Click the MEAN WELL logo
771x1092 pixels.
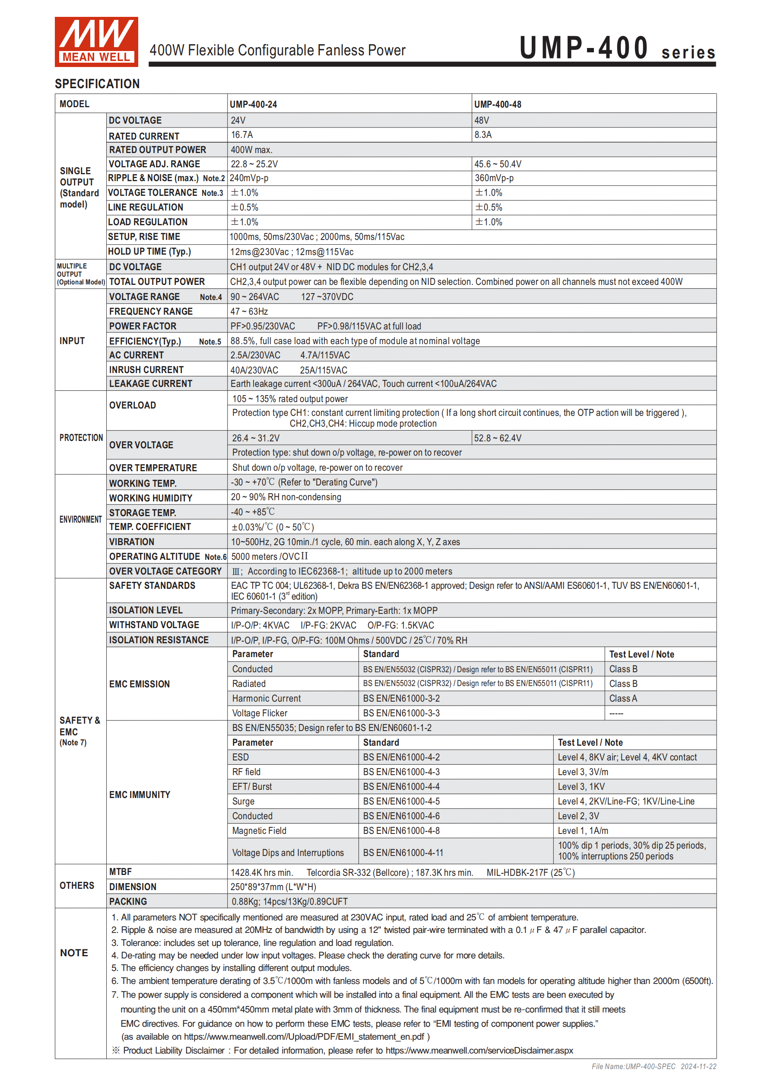(x=96, y=42)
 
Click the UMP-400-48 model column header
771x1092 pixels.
(x=497, y=104)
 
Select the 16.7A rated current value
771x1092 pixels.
(x=241, y=135)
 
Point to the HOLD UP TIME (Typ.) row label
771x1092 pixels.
(x=149, y=252)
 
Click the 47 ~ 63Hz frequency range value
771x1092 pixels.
(x=249, y=312)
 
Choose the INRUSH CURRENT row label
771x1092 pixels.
(x=146, y=370)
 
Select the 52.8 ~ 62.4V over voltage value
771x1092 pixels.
(x=497, y=438)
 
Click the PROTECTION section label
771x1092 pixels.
(x=81, y=437)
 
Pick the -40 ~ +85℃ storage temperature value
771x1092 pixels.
(x=252, y=512)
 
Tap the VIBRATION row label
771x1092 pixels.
(x=132, y=542)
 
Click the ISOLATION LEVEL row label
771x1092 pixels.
(x=146, y=610)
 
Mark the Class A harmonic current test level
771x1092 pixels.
(x=623, y=699)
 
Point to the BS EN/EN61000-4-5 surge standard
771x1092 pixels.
(x=401, y=801)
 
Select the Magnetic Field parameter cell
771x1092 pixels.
(x=259, y=831)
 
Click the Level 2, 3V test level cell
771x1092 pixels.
(x=578, y=816)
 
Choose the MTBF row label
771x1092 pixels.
(x=120, y=872)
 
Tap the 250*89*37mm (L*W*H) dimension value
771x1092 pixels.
(x=273, y=887)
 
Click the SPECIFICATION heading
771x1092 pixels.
(x=97, y=84)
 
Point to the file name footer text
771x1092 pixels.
(x=654, y=1066)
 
